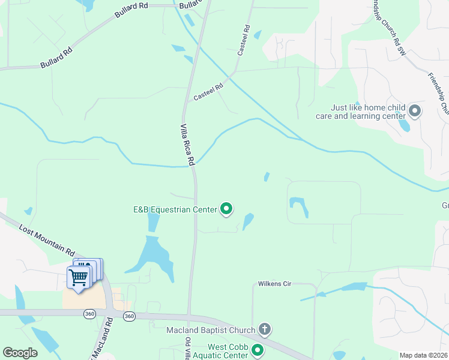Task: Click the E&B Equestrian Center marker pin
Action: (x=226, y=209)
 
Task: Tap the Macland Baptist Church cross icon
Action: (x=265, y=329)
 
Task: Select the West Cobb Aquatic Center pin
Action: (x=258, y=350)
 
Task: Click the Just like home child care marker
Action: (x=415, y=111)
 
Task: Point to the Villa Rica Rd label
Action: (x=188, y=145)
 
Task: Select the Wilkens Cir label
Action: (x=274, y=283)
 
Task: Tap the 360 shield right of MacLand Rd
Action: (x=128, y=316)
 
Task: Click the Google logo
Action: (x=20, y=353)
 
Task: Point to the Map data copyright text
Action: (x=423, y=355)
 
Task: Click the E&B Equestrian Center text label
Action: (x=174, y=209)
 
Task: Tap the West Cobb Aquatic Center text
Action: (x=228, y=350)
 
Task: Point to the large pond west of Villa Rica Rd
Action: (x=153, y=255)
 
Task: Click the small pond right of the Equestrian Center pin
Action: (x=248, y=221)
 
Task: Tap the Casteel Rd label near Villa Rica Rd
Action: (x=208, y=92)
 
